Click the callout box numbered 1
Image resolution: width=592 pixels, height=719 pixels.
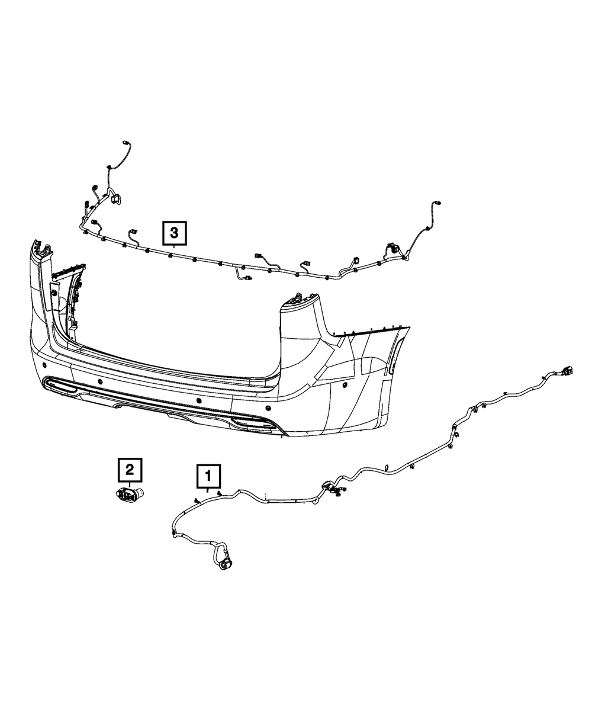click(208, 475)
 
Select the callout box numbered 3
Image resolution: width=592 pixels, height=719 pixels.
click(174, 233)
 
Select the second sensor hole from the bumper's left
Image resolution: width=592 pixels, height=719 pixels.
click(99, 381)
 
